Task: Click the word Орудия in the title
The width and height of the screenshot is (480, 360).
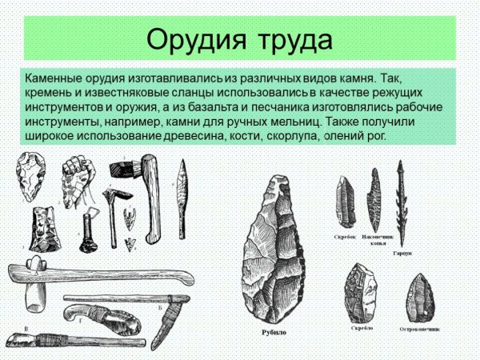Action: pyautogui.click(x=196, y=38)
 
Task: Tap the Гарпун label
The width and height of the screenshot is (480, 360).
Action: pyautogui.click(x=402, y=252)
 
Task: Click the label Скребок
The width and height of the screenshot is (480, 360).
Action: pyautogui.click(x=344, y=237)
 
